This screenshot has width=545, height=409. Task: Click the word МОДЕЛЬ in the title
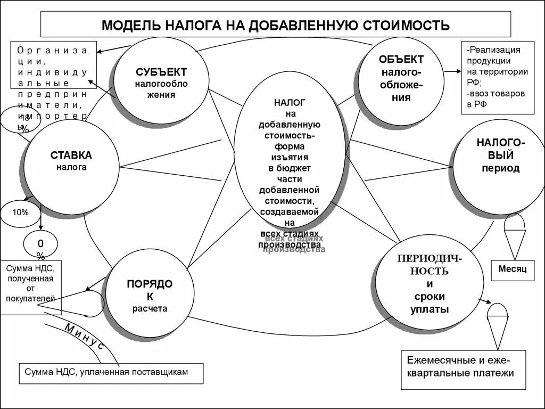pyautogui.click(x=126, y=26)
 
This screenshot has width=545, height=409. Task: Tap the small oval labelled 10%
pyautogui.click(x=21, y=212)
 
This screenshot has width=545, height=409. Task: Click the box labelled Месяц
pyautogui.click(x=512, y=269)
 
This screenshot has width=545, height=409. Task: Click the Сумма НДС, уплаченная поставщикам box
pyautogui.click(x=111, y=373)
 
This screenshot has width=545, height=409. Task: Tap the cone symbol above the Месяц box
pyautogui.click(x=515, y=234)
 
